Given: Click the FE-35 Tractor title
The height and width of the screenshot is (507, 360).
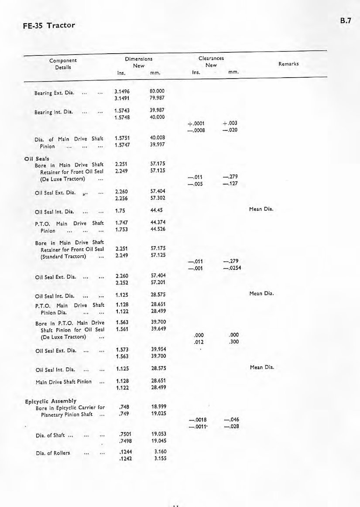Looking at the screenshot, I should [49, 25].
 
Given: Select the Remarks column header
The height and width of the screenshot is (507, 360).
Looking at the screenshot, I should [288, 64].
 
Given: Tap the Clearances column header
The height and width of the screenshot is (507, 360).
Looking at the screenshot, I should [211, 58].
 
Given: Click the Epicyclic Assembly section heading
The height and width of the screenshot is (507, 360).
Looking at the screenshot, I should [51, 401].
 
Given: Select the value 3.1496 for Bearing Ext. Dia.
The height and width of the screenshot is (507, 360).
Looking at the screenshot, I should [120, 92].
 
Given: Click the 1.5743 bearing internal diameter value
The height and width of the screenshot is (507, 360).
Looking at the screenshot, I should [120, 111].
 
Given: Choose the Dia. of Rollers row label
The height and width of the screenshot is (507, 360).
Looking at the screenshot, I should [55, 452].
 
